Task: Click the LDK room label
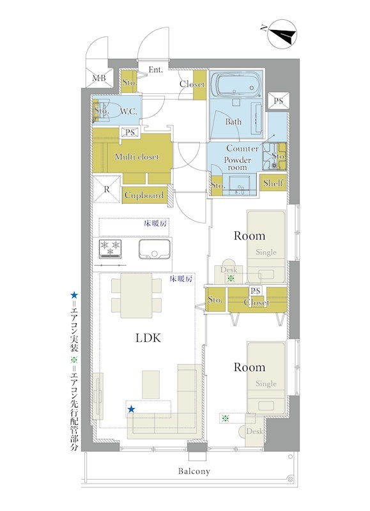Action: tap(148, 338)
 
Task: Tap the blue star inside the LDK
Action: tap(131, 409)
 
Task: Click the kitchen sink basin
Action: tap(155, 249)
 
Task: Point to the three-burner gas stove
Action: tap(110, 249)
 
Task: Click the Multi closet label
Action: tap(137, 156)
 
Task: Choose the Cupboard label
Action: tap(144, 195)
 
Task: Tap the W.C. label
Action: tap(129, 112)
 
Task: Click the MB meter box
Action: tap(100, 78)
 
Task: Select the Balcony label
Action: tap(194, 471)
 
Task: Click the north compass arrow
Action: tap(282, 35)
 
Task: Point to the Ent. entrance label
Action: tap(155, 70)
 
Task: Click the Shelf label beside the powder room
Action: tap(273, 183)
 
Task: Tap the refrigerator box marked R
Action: tap(107, 189)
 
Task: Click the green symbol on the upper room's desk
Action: tap(231, 278)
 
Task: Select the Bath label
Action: tap(233, 122)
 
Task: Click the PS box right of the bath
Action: tap(278, 101)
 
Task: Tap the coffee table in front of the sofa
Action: tap(151, 385)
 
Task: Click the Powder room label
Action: tap(237, 164)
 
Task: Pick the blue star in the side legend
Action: tap(74, 296)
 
